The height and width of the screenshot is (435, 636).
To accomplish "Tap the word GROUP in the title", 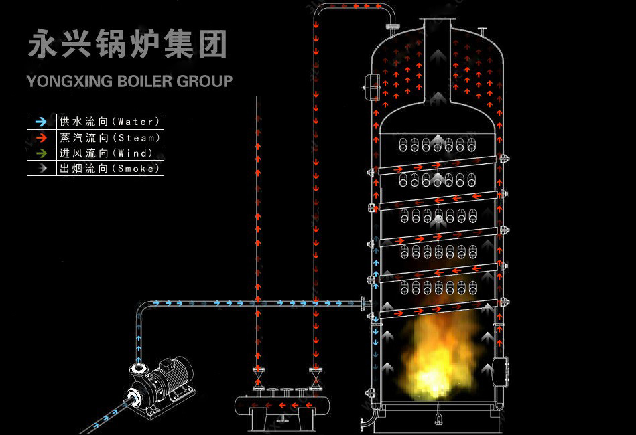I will (x=204, y=82).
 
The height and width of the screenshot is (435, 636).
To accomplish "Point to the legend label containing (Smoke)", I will (x=111, y=169).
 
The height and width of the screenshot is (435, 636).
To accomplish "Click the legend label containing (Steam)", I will (x=111, y=138).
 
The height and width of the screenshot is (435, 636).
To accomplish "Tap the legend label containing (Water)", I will (x=111, y=122).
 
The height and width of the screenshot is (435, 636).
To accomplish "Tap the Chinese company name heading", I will (x=127, y=44).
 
